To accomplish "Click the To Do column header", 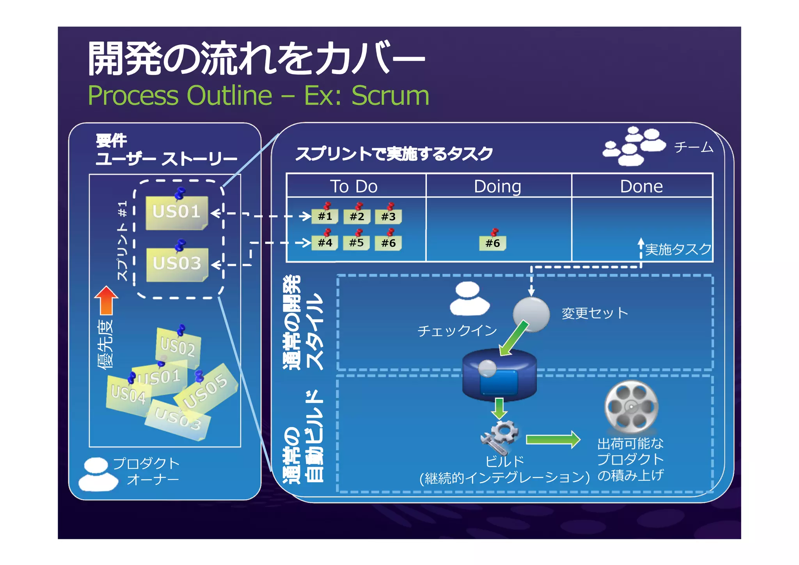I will tap(354, 186).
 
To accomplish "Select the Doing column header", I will tap(497, 186).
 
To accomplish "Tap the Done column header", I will tap(641, 186).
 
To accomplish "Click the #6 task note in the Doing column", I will tap(492, 243).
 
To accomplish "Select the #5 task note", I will tap(356, 243).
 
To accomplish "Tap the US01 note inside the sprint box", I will tap(176, 212).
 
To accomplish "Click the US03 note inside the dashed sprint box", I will tap(177, 264).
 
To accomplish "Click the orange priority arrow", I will tap(106, 300).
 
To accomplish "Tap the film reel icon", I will tap(631, 407).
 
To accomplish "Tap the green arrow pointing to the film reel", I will tap(552, 440).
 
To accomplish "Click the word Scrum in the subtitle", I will tap(390, 96).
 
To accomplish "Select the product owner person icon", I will tap(98, 474).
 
